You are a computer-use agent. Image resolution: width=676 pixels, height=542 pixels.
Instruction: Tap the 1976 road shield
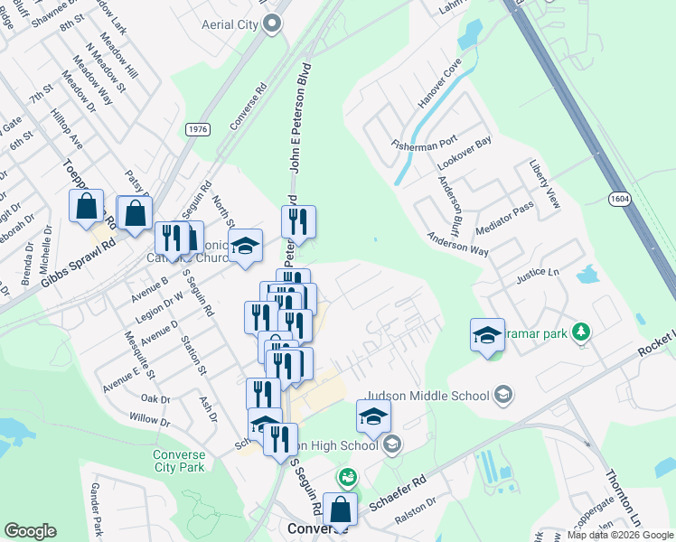[198, 130]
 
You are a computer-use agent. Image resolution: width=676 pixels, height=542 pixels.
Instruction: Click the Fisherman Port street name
[424, 144]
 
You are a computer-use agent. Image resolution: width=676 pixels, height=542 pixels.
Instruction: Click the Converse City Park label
[179, 461]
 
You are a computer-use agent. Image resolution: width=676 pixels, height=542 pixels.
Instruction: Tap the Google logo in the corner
[30, 531]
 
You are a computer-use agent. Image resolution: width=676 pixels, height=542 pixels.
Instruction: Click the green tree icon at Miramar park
[584, 333]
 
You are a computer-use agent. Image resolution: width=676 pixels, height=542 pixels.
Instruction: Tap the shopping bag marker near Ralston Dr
[340, 510]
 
